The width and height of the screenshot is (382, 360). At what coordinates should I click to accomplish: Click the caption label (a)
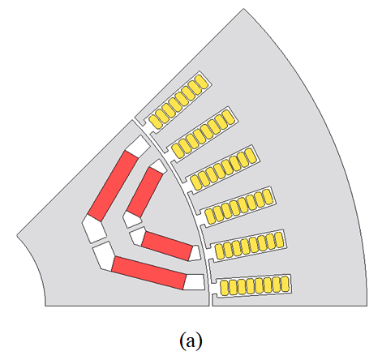click(191, 341)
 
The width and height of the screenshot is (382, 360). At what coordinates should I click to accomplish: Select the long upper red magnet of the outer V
click(113, 186)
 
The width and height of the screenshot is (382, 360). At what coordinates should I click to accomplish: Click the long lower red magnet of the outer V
click(149, 273)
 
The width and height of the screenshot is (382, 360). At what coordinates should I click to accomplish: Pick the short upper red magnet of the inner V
click(145, 192)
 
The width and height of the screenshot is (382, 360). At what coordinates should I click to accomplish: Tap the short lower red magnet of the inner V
click(167, 246)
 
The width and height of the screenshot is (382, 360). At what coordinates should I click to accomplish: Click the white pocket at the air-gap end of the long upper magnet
click(138, 146)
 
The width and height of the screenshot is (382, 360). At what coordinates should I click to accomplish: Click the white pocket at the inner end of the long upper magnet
click(94, 229)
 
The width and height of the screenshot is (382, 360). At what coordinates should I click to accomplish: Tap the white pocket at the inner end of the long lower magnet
click(104, 256)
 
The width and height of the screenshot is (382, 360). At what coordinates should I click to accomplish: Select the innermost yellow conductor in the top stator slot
click(155, 122)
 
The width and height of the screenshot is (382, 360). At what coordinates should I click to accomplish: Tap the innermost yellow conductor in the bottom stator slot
click(224, 287)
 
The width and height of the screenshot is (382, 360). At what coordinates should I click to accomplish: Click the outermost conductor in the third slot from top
click(251, 156)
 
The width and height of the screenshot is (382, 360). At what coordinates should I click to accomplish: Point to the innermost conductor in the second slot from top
click(178, 151)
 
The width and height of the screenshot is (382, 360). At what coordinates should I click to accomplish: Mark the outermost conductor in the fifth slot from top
click(279, 239)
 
